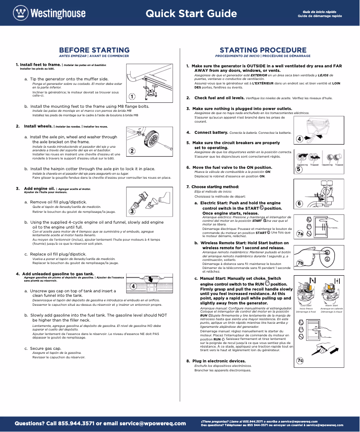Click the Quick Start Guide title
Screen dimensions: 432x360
[x=191, y=13]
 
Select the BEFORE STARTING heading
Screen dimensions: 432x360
[x=94, y=50]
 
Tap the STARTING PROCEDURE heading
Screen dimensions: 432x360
[x=263, y=50]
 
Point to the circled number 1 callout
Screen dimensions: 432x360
[x=132, y=97]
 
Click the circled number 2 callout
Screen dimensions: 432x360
[x=132, y=151]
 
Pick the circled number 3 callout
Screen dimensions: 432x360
[x=132, y=211]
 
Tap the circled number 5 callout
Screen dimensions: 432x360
[x=299, y=169]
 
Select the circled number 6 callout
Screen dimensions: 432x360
[x=300, y=203]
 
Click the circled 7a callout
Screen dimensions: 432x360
[x=300, y=234]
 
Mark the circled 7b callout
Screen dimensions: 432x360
[x=300, y=263]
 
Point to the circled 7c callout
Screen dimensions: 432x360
[x=300, y=360]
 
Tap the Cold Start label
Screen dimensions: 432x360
[x=306, y=306]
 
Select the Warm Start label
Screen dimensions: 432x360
[x=332, y=306]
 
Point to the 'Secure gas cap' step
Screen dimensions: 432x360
[x=46, y=348]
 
